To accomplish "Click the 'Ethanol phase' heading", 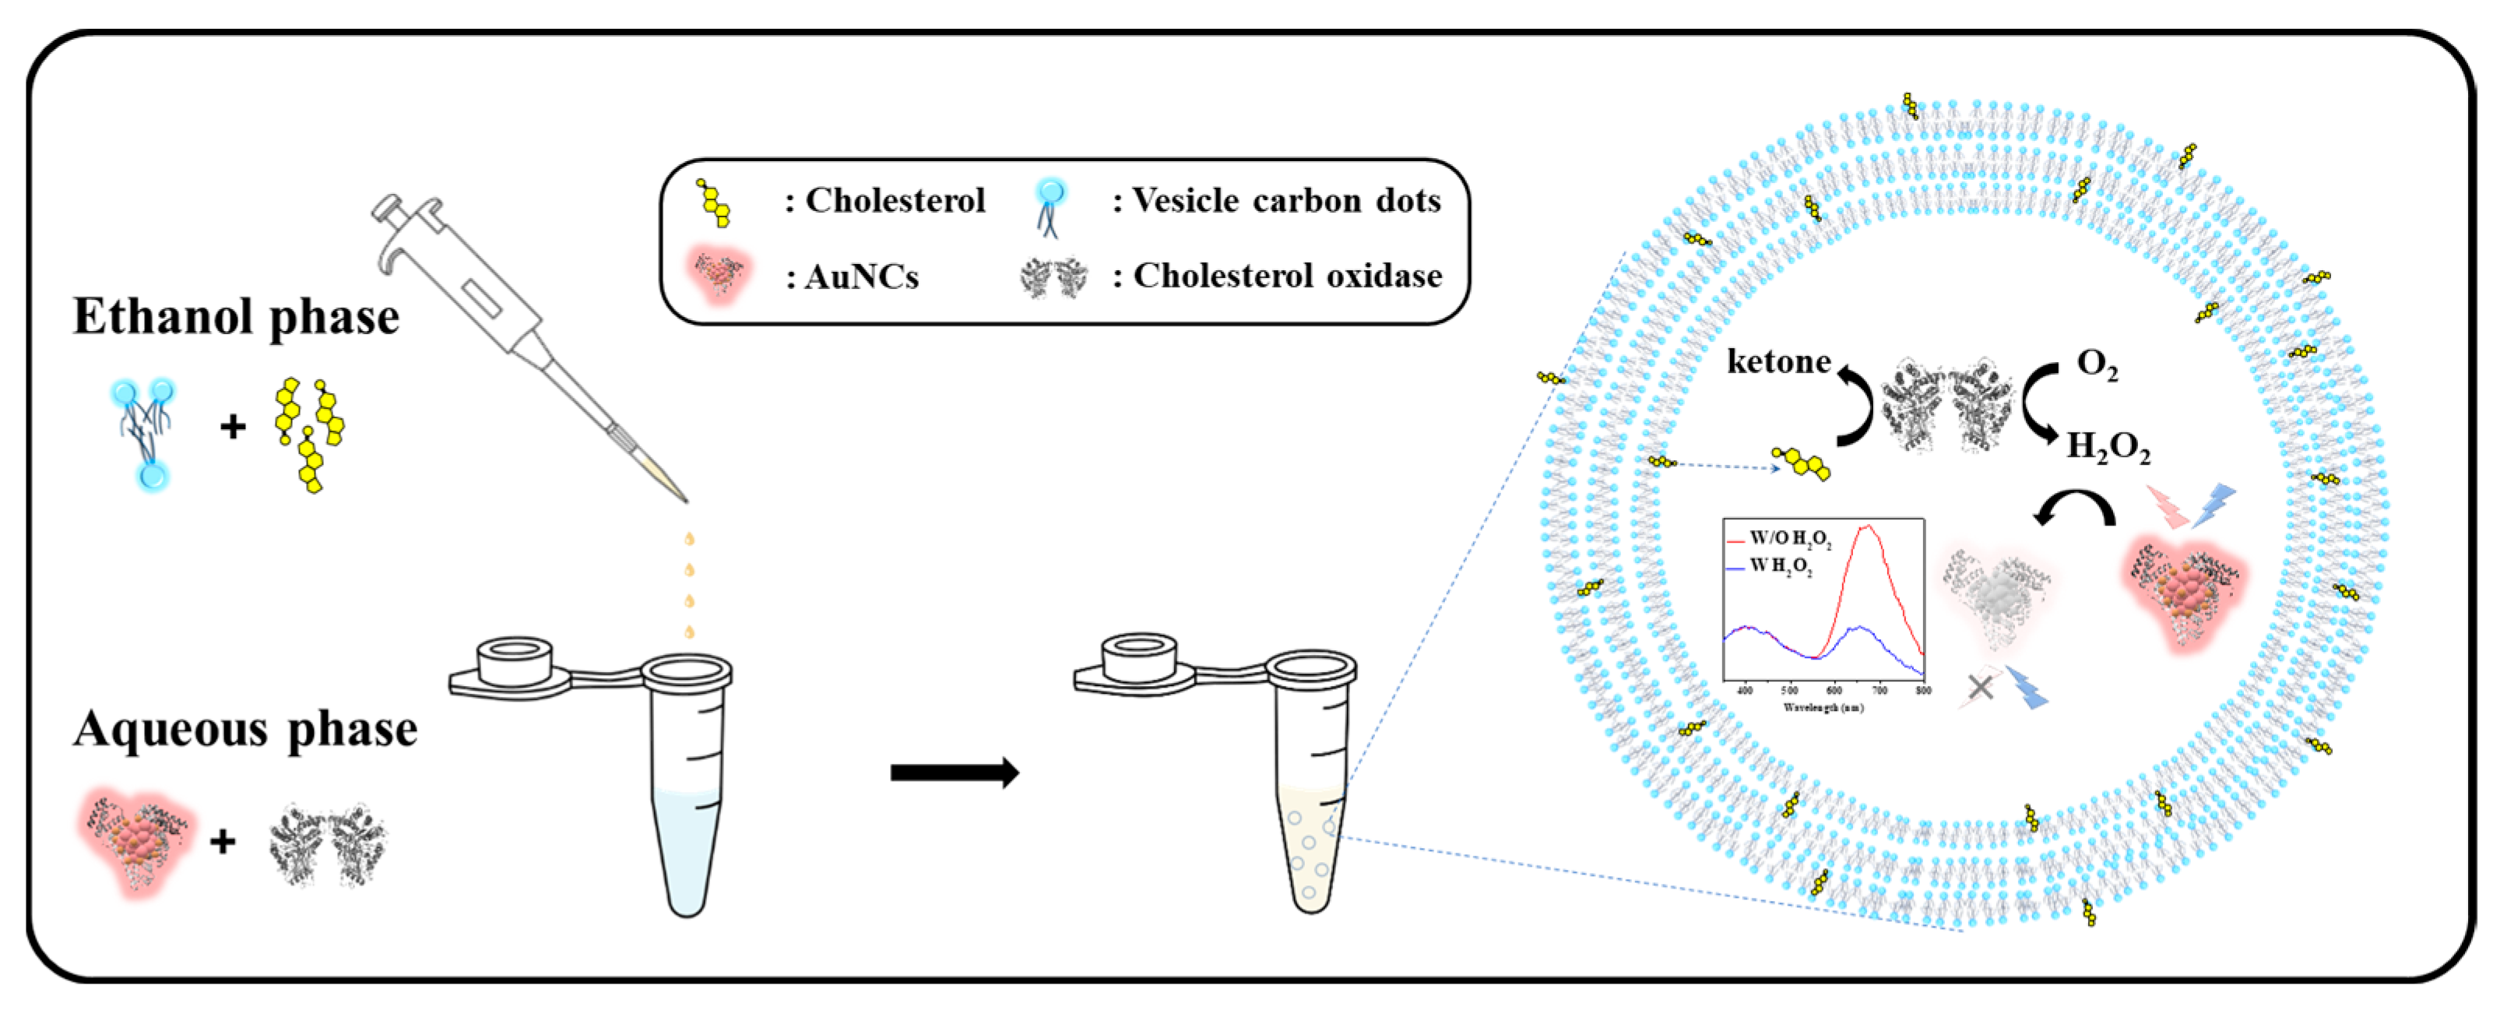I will click(x=236, y=318).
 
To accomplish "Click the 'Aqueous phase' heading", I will click(x=244, y=730).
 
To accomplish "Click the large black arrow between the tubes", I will click(x=954, y=773).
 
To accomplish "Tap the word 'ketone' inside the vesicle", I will click(x=1779, y=362).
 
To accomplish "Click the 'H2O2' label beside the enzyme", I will click(x=2108, y=447).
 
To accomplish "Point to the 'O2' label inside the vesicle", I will click(x=2096, y=365).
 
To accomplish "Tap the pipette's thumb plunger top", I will click(x=387, y=206).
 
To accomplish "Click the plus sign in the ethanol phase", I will click(x=232, y=427).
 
